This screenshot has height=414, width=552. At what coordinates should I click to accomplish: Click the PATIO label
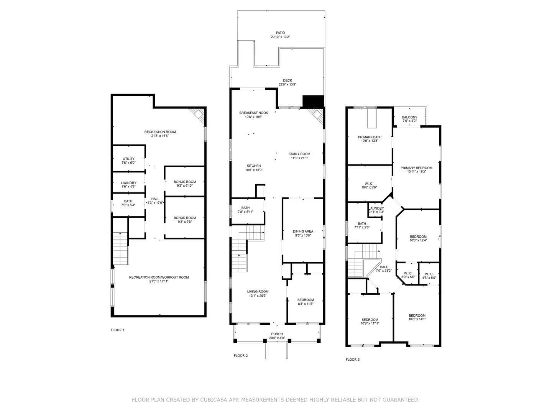pyautogui.click(x=281, y=33)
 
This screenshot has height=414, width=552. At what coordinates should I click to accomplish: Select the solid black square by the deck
pyautogui.click(x=313, y=101)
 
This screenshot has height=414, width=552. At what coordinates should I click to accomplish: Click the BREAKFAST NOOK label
pyautogui.click(x=253, y=113)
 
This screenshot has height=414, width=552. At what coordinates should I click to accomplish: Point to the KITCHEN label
pyautogui.click(x=253, y=166)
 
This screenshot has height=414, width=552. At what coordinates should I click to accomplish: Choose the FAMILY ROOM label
pyautogui.click(x=299, y=154)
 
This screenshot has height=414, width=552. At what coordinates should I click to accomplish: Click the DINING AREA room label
pyautogui.click(x=303, y=232)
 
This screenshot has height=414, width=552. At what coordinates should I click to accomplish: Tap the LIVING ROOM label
pyautogui.click(x=258, y=291)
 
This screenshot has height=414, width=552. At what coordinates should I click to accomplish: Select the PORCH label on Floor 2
pyautogui.click(x=277, y=334)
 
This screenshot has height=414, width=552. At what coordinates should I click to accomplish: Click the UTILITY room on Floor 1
pyautogui.click(x=128, y=161)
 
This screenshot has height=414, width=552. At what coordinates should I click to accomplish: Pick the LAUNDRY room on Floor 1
pyautogui.click(x=128, y=184)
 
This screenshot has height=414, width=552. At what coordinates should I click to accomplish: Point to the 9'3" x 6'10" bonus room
pyautogui.click(x=185, y=184)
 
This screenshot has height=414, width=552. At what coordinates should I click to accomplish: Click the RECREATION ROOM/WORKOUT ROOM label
pyautogui.click(x=159, y=278)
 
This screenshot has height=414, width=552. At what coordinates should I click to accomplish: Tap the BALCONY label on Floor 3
pyautogui.click(x=409, y=117)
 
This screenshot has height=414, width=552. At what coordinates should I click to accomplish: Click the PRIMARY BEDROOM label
pyautogui.click(x=416, y=168)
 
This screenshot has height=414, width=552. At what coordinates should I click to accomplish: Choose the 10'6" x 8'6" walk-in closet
pyautogui.click(x=369, y=185)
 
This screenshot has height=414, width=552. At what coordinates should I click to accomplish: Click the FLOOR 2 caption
pyautogui.click(x=241, y=356)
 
